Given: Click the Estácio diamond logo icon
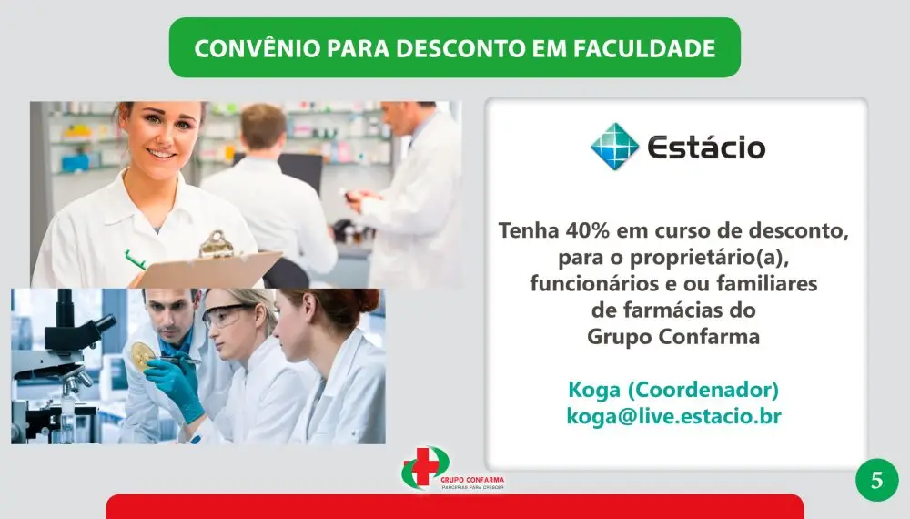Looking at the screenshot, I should click(x=614, y=147).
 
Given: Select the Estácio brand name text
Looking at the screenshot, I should click(x=705, y=148).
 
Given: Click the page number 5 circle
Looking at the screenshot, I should click(x=876, y=480).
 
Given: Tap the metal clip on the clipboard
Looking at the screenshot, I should click(x=217, y=244).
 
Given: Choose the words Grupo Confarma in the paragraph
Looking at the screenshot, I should click(x=673, y=336).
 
